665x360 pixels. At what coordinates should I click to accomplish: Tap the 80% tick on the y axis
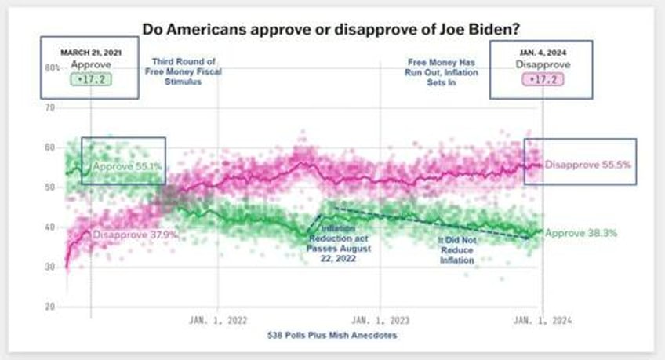(x=52, y=67)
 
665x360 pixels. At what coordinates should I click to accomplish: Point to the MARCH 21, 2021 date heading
(x=91, y=53)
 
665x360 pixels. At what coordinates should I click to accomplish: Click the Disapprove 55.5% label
(x=588, y=165)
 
